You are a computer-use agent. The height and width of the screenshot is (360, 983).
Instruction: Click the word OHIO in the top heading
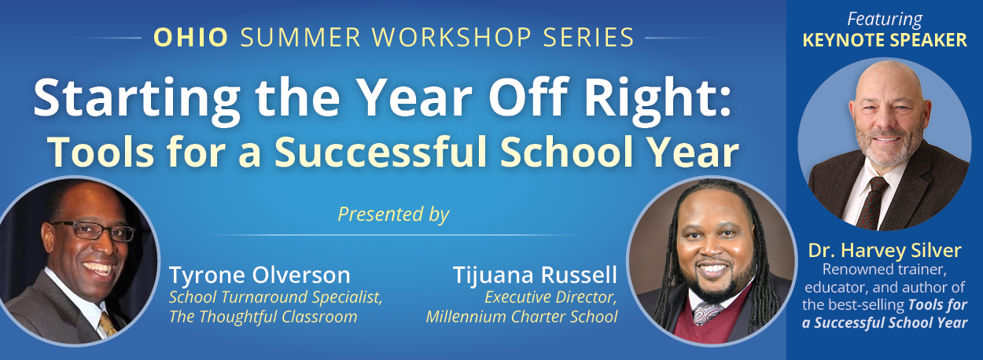coord(191,37)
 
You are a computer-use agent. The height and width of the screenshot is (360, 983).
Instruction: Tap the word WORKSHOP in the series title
coord(452,37)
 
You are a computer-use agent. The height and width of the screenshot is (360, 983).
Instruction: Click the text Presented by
coord(394,215)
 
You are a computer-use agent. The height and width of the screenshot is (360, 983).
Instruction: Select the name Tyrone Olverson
coord(260,275)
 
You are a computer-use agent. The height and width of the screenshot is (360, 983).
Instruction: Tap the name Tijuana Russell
coord(535,275)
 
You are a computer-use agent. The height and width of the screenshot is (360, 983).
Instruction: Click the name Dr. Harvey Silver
coord(885,251)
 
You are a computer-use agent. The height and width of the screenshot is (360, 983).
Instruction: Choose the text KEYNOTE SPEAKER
coord(885,40)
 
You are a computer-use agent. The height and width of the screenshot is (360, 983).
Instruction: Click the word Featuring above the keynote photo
coord(885,20)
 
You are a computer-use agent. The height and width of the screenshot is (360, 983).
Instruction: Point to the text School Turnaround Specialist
coord(276,297)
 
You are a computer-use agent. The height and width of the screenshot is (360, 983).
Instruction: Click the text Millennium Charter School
coord(522,317)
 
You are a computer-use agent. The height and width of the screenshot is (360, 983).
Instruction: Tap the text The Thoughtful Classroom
coord(263,317)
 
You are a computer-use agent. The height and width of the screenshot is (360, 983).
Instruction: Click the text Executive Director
coord(551,297)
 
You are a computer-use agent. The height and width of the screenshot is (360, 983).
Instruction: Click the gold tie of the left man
coord(108,324)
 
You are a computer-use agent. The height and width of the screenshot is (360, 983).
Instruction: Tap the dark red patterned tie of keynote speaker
coord(872,204)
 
